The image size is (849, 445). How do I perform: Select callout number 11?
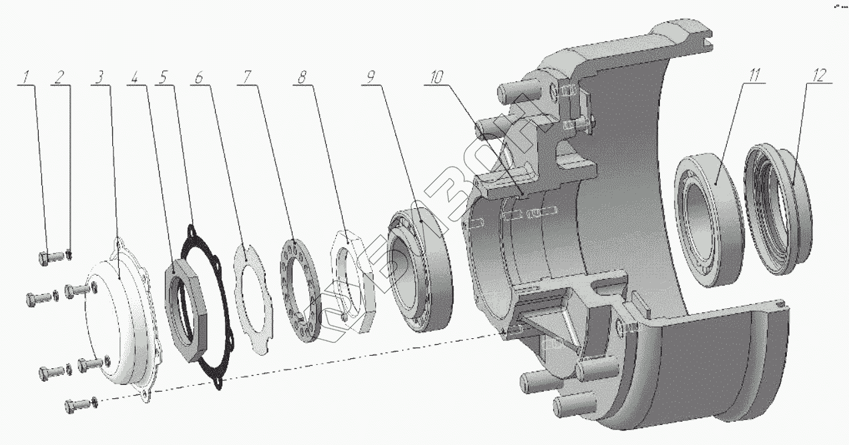(755, 75)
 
